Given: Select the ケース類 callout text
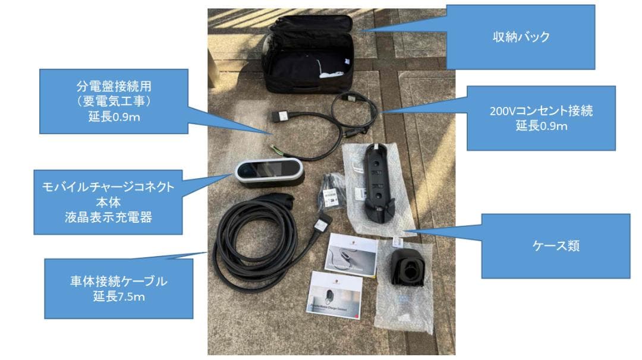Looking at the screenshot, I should coord(555,246).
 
